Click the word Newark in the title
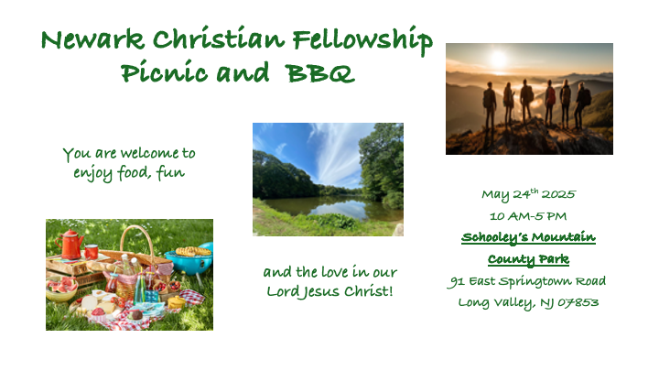coord(92,39)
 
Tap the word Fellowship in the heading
coord(362,40)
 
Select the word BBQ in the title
coord(320,72)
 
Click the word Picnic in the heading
coord(165,71)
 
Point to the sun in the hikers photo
coord(499,59)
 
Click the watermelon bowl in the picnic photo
coord(62,290)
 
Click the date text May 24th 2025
coord(529,194)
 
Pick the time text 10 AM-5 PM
coord(528,216)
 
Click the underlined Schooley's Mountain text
coord(528,237)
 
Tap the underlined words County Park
coord(528,259)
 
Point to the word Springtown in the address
coord(535,281)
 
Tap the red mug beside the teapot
coord(92,252)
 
